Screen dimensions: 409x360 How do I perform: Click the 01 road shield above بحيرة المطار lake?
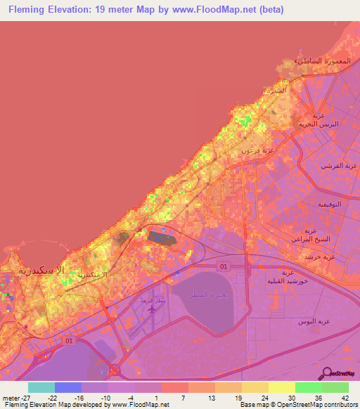pos(224,266)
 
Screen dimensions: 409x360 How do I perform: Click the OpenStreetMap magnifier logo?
pos(326,374)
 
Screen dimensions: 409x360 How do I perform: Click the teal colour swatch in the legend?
pos(41,387)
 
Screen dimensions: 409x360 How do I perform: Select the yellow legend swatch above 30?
pos(281,387)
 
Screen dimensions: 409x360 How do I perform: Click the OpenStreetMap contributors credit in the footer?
pos(301,405)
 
